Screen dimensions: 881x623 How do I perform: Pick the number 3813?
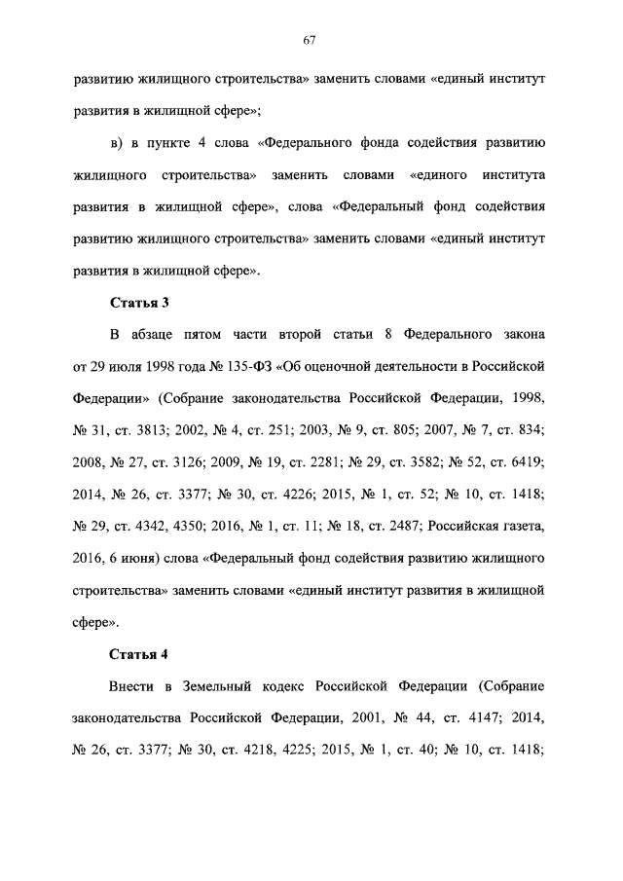point(159,430)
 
